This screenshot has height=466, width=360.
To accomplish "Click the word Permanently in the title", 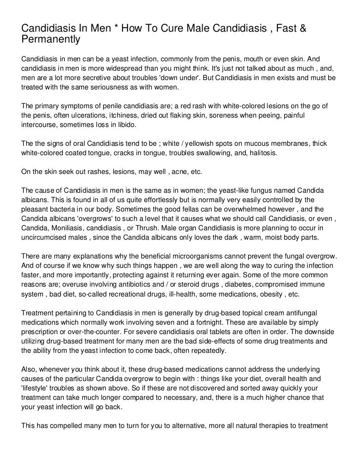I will click(50, 38).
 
